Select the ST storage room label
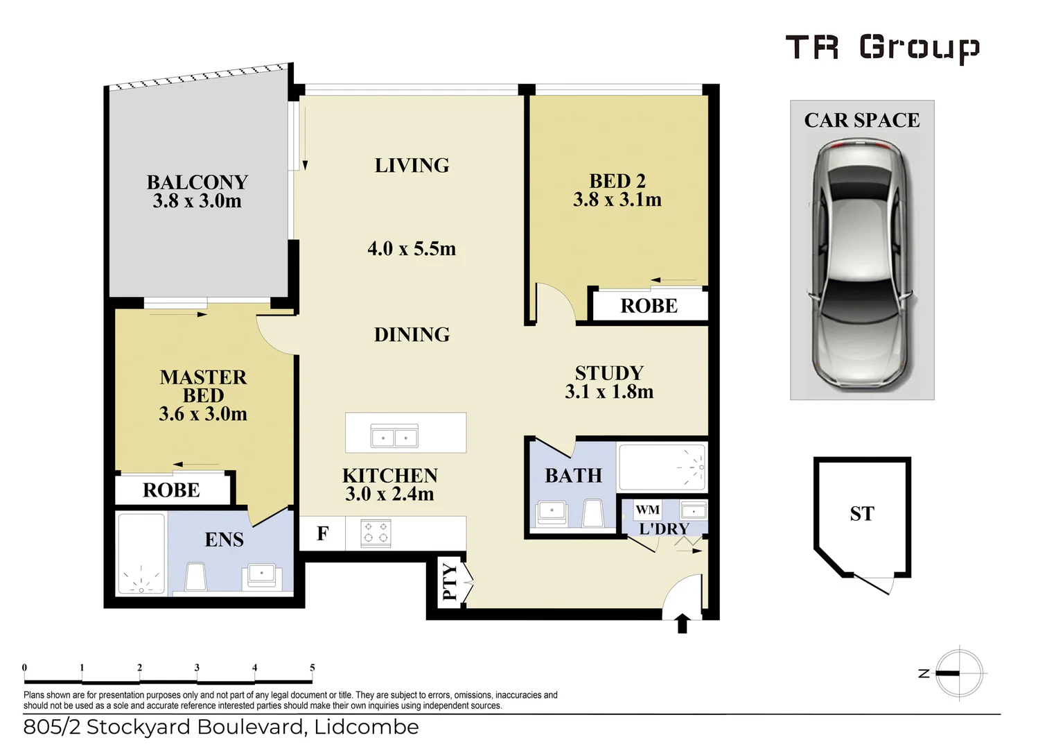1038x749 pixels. pyautogui.click(x=862, y=514)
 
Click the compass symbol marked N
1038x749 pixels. pyautogui.click(x=958, y=673)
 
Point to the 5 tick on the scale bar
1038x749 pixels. pyautogui.click(x=312, y=669)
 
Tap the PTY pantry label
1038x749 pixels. pyautogui.click(x=450, y=581)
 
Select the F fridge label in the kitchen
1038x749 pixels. pyautogui.click(x=323, y=534)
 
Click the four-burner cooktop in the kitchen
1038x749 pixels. pyautogui.click(x=376, y=533)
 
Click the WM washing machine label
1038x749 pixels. pyautogui.click(x=647, y=510)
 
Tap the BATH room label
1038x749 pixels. pyautogui.click(x=573, y=476)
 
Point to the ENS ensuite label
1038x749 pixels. pyautogui.click(x=224, y=540)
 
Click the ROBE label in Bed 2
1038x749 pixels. pyautogui.click(x=649, y=306)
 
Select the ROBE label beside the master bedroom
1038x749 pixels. pyautogui.click(x=171, y=490)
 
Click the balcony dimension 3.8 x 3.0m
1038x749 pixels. pyautogui.click(x=197, y=201)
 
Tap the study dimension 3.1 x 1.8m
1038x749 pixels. pyautogui.click(x=609, y=392)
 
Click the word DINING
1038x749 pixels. pyautogui.click(x=412, y=335)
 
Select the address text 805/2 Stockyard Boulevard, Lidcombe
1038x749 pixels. pyautogui.click(x=221, y=727)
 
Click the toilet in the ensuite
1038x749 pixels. pyautogui.click(x=195, y=576)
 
